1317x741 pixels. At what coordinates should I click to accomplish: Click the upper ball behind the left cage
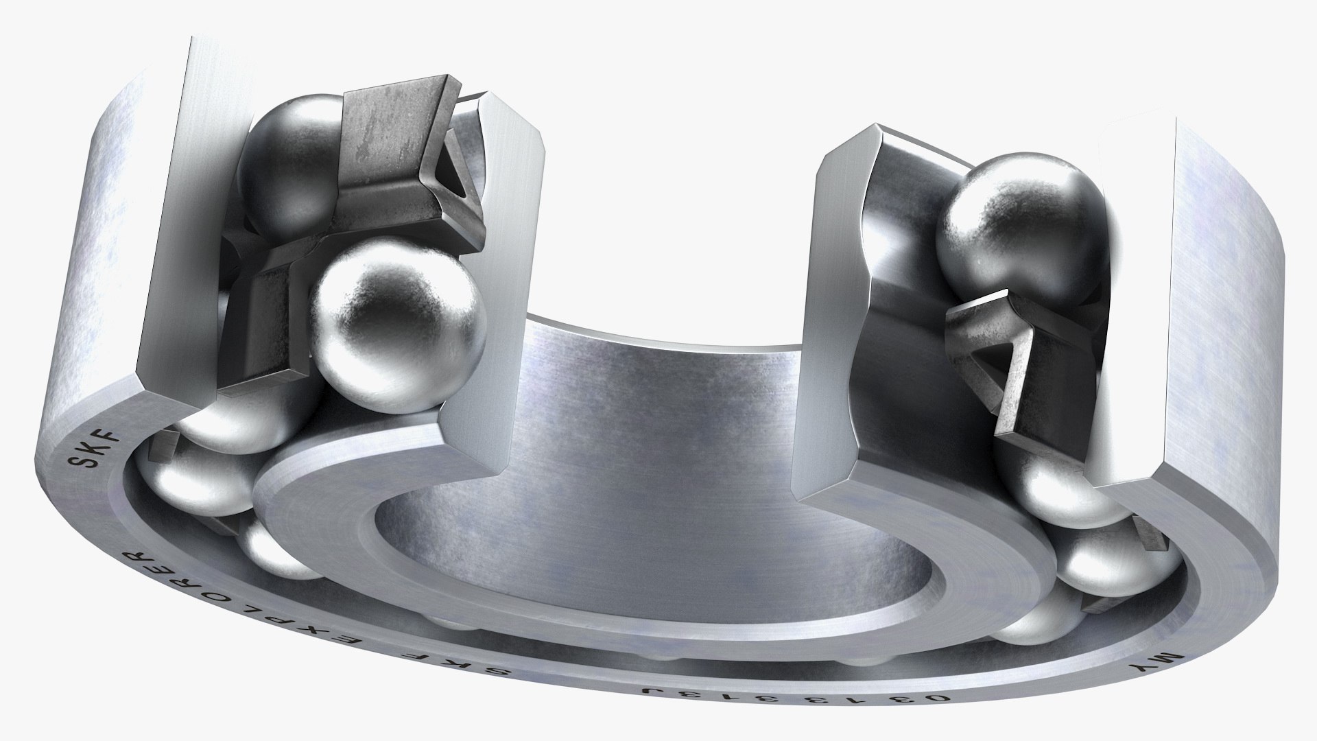tap(288, 165)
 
